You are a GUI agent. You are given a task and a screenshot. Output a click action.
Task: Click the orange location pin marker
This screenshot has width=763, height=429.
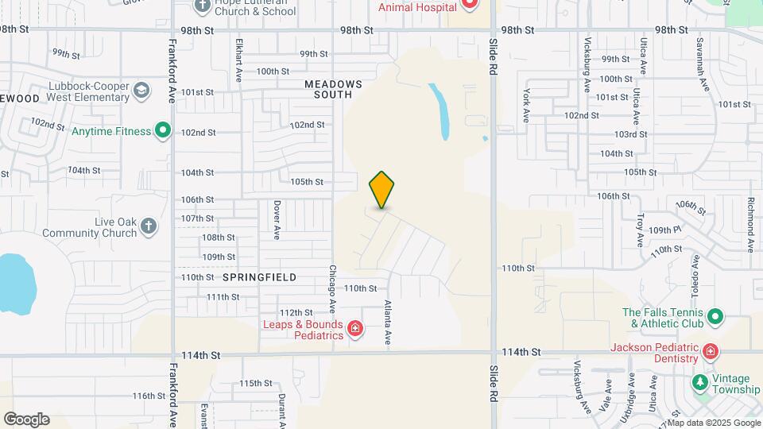pos(382,189)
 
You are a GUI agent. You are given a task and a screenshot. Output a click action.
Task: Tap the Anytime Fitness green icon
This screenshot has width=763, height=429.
pos(163,130)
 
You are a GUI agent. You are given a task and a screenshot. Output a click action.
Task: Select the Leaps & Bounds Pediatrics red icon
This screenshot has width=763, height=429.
pos(355,329)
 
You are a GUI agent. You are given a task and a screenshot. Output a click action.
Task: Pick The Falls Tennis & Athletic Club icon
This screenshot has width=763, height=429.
pos(715,318)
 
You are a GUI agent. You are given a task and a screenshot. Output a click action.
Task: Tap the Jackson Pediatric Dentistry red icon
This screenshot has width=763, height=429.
pos(710,352)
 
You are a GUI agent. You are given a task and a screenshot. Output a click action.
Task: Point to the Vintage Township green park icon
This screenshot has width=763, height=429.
pos(699,382)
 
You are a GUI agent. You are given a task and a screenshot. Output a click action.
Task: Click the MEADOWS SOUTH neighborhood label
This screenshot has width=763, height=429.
pos(333,89)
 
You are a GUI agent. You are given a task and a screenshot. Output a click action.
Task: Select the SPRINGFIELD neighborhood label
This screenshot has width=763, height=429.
pos(259,277)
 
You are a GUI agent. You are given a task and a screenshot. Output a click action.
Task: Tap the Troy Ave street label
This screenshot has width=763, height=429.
pos(639,230)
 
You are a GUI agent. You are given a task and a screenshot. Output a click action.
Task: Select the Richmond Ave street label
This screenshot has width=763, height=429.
pos(750,226)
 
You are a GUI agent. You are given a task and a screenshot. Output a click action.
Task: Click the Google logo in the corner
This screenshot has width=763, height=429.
pos(26,419)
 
